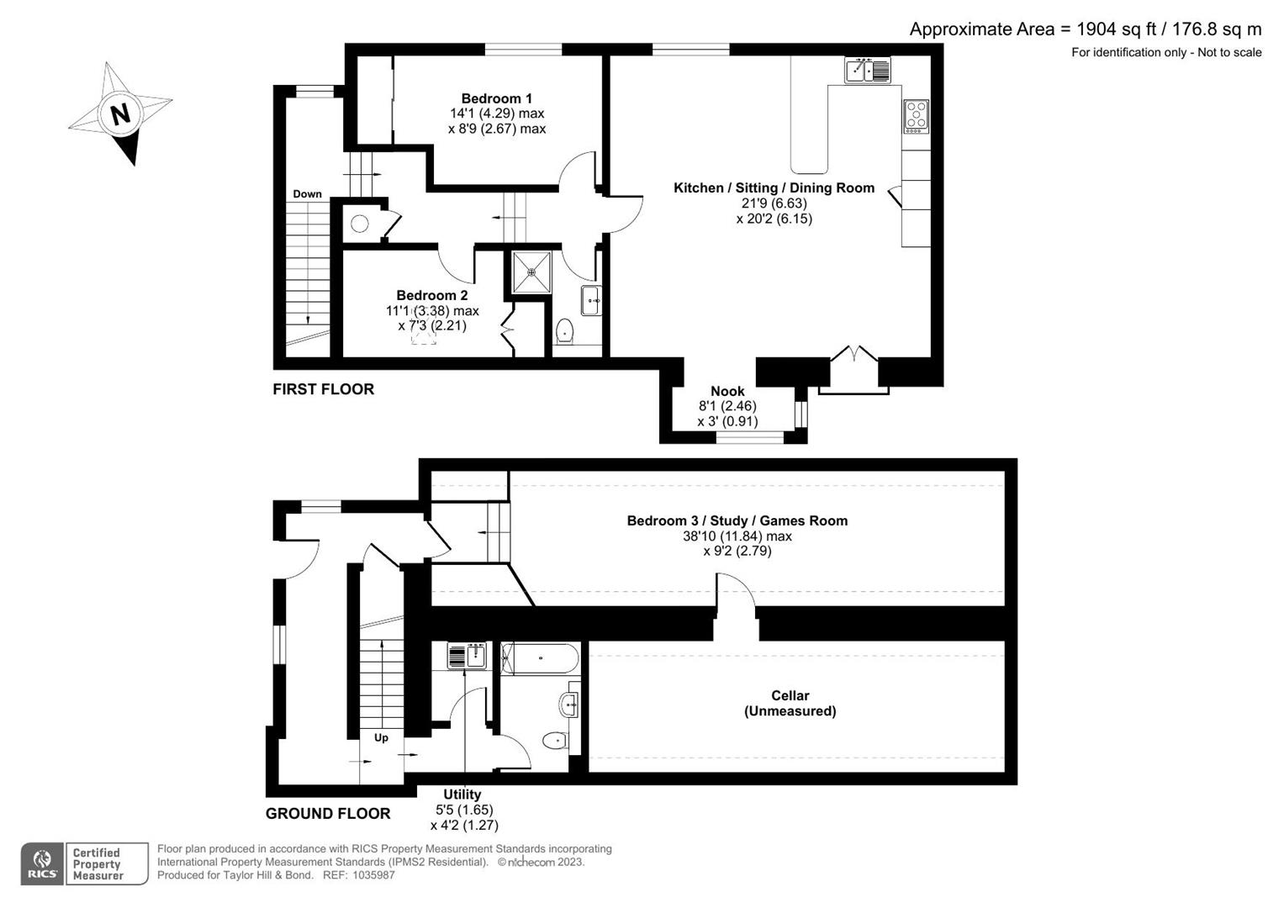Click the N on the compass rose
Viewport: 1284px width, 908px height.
point(121,113)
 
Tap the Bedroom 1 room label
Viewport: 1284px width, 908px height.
point(496,98)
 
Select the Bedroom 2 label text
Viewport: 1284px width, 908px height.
point(431,295)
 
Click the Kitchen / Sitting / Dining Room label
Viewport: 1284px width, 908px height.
point(774,187)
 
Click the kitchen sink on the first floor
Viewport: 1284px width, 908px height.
point(867,71)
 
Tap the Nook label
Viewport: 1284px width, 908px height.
point(727,391)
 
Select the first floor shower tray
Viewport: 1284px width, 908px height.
point(531,272)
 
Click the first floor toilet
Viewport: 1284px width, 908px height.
point(564,330)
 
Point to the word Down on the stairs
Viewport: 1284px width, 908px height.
point(307,194)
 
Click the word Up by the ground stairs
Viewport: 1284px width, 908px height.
point(381,737)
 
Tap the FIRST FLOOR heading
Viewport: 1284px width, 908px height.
point(323,389)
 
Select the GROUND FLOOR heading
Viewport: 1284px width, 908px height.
point(328,813)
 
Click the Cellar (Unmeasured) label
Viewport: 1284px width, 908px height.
point(790,703)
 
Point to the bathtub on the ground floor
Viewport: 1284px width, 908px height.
point(539,657)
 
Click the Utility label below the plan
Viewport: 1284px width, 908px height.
point(462,794)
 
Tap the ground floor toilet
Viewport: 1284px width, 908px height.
point(555,741)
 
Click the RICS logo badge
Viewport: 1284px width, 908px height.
point(42,863)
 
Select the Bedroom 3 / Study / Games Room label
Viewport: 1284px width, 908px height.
point(737,520)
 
